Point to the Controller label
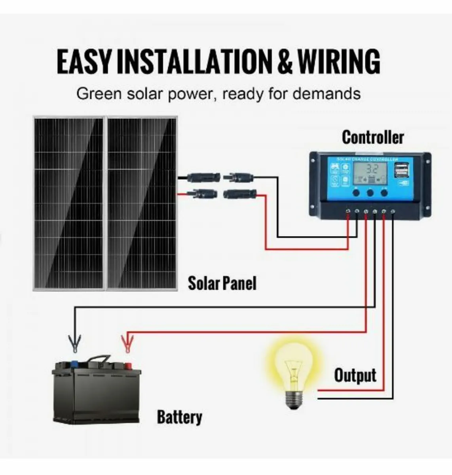coord(372,137)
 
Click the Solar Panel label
coord(222,283)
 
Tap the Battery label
coord(179,417)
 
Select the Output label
coord(355,375)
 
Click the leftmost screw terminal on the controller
coord(348,212)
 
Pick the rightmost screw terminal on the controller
coord(393,212)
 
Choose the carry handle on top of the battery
coord(99,358)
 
